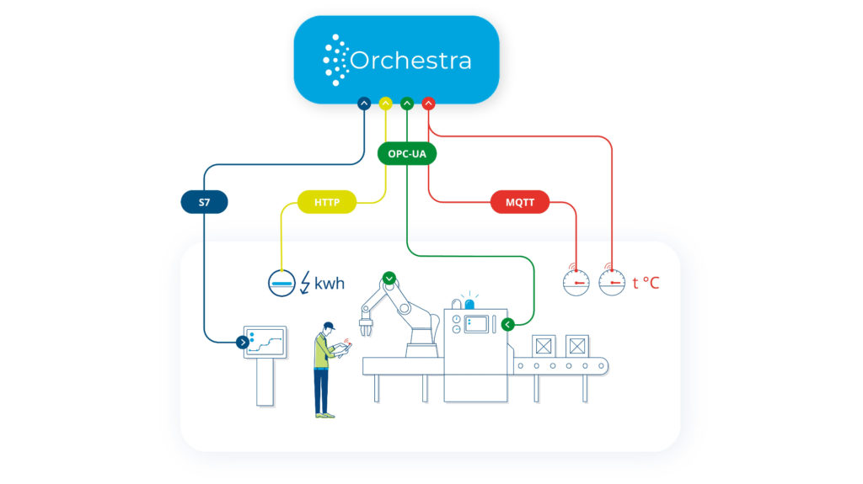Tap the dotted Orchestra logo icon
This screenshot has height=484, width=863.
(335, 60)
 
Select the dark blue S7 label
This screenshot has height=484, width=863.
(204, 202)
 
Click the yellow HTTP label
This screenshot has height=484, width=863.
(327, 202)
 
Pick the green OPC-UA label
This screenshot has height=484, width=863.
(407, 155)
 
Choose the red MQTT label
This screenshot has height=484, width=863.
(519, 202)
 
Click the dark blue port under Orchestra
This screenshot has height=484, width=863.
(364, 104)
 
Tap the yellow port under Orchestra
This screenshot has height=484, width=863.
(386, 104)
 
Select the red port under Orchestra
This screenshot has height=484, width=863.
(428, 104)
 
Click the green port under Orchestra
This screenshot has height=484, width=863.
(407, 104)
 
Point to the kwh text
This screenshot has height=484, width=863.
(330, 284)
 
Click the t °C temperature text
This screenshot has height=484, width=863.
(646, 283)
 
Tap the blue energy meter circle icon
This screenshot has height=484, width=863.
(281, 284)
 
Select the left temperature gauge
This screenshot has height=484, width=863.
(576, 282)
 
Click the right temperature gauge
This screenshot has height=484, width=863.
(612, 282)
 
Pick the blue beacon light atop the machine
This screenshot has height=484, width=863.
(469, 303)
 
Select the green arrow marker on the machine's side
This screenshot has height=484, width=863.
(507, 324)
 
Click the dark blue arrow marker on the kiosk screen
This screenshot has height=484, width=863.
(243, 342)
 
